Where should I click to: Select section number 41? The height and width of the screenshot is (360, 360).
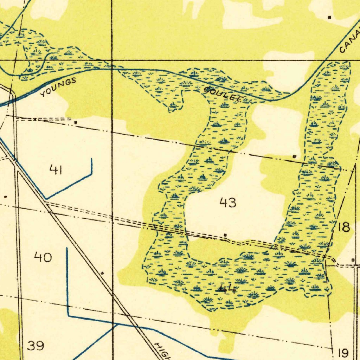click(x=56, y=170)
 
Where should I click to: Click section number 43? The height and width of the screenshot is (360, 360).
click(x=228, y=203)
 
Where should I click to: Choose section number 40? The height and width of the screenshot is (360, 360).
click(x=43, y=258)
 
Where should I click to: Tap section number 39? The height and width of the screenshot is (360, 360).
click(x=36, y=346)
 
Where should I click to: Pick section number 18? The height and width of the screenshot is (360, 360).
click(x=344, y=227)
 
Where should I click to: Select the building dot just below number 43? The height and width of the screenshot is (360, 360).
click(x=225, y=235)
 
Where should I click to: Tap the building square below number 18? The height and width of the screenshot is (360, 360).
click(x=353, y=260)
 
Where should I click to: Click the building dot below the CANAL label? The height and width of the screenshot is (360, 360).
click(x=329, y=17)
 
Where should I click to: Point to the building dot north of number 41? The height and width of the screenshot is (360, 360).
click(x=76, y=123)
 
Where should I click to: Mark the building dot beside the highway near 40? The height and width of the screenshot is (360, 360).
click(x=102, y=273)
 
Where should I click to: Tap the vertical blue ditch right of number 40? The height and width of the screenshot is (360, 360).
click(x=67, y=281)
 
